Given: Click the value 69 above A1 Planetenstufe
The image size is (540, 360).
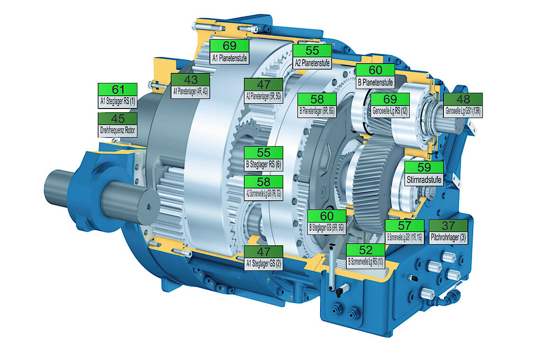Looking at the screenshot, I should coord(229,46).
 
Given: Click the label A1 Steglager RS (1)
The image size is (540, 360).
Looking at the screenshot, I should coord(117,101).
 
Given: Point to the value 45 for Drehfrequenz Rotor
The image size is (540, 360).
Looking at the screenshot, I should coord(117,118).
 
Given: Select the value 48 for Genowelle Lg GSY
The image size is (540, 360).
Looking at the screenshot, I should coord(463,99).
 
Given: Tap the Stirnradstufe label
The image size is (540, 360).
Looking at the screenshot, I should coord(424,179).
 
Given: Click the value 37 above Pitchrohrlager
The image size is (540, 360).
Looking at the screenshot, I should coord(448,226).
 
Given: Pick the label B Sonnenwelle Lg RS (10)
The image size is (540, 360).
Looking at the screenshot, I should coord(365,261).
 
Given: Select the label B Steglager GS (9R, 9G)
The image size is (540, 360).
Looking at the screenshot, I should coord(327,228).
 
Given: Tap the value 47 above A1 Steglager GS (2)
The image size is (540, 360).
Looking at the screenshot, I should coord(263,252).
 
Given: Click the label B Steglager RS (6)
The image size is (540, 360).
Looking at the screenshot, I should coord(263,165).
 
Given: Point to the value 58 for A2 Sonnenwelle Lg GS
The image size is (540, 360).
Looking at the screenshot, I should coord(263,182).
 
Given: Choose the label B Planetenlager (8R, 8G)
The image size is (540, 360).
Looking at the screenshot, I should coord(317,112).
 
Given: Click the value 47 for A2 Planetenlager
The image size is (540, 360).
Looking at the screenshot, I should coord(263,85).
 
